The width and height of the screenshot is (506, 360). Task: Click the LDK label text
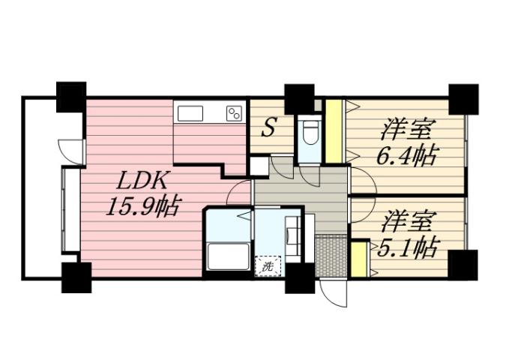(141, 181)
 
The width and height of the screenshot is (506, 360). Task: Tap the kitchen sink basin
(190, 114)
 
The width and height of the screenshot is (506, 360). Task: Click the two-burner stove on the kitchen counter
(235, 114)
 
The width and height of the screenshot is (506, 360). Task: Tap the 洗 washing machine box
(267, 265)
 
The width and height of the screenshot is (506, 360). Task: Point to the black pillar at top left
(71, 97)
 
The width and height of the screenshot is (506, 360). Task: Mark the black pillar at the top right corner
(463, 98)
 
